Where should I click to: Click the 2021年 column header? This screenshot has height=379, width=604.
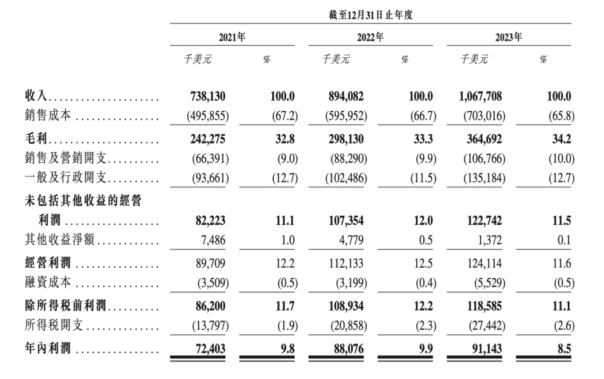point(232,37)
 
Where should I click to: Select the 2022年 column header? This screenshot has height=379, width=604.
point(370,37)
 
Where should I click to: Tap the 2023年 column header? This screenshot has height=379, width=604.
point(509,37)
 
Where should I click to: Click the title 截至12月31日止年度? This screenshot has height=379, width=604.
point(371,15)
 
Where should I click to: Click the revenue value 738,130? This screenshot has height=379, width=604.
point(208,96)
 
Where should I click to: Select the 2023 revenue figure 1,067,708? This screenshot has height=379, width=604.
point(480,96)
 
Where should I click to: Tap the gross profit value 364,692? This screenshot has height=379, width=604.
point(484,139)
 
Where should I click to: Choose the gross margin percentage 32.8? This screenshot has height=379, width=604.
point(284,139)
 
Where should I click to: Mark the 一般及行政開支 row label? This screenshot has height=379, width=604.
point(65,177)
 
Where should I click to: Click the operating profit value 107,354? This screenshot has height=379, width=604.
point(346,221)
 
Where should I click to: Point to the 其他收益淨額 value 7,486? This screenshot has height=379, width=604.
point(213,240)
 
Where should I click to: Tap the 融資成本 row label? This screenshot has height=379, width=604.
point(48,282)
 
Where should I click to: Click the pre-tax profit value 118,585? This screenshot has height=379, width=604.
point(484,306)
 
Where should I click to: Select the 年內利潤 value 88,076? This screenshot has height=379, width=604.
point(349,349)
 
